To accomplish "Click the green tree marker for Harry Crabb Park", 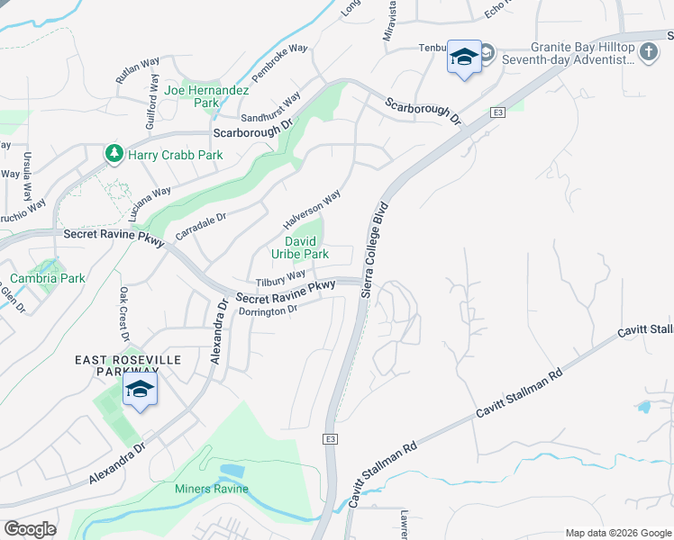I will click(114, 154).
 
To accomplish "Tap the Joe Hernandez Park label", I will click(193, 96).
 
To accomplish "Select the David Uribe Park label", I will click(306, 247).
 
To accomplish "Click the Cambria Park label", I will click(48, 278).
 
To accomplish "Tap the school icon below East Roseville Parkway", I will click(140, 390).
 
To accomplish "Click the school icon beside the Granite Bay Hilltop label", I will click(464, 58).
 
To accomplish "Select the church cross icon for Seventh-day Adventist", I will click(648, 53).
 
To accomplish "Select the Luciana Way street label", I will click(149, 205).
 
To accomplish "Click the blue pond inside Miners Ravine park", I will click(231, 472).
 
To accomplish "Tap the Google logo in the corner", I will click(30, 529).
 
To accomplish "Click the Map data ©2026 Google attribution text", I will click(616, 533).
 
